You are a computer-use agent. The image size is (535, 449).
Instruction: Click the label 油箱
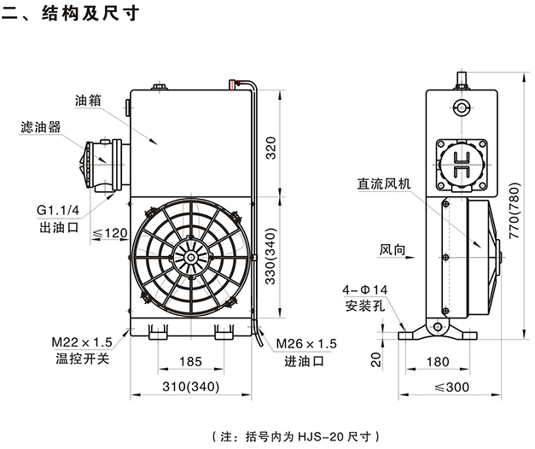pyautogui.click(x=88, y=99)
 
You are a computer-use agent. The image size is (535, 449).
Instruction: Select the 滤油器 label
pyautogui.click(x=40, y=127)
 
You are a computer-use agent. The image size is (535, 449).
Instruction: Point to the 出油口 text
pyautogui.click(x=59, y=228)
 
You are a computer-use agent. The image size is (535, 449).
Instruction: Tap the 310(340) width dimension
pyautogui.click(x=191, y=387)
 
